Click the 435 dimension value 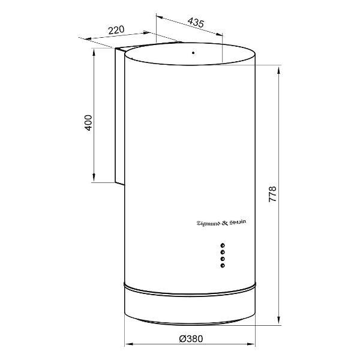click(x=196, y=23)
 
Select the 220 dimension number click(x=116, y=30)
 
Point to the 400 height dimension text click(x=88, y=123)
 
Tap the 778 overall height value click(x=272, y=194)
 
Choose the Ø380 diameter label click(x=191, y=338)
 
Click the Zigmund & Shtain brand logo click(x=221, y=223)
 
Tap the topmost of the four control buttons click(x=222, y=245)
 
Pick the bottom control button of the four click(x=222, y=266)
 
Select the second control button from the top click(x=222, y=253)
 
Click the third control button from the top click(x=222, y=259)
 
